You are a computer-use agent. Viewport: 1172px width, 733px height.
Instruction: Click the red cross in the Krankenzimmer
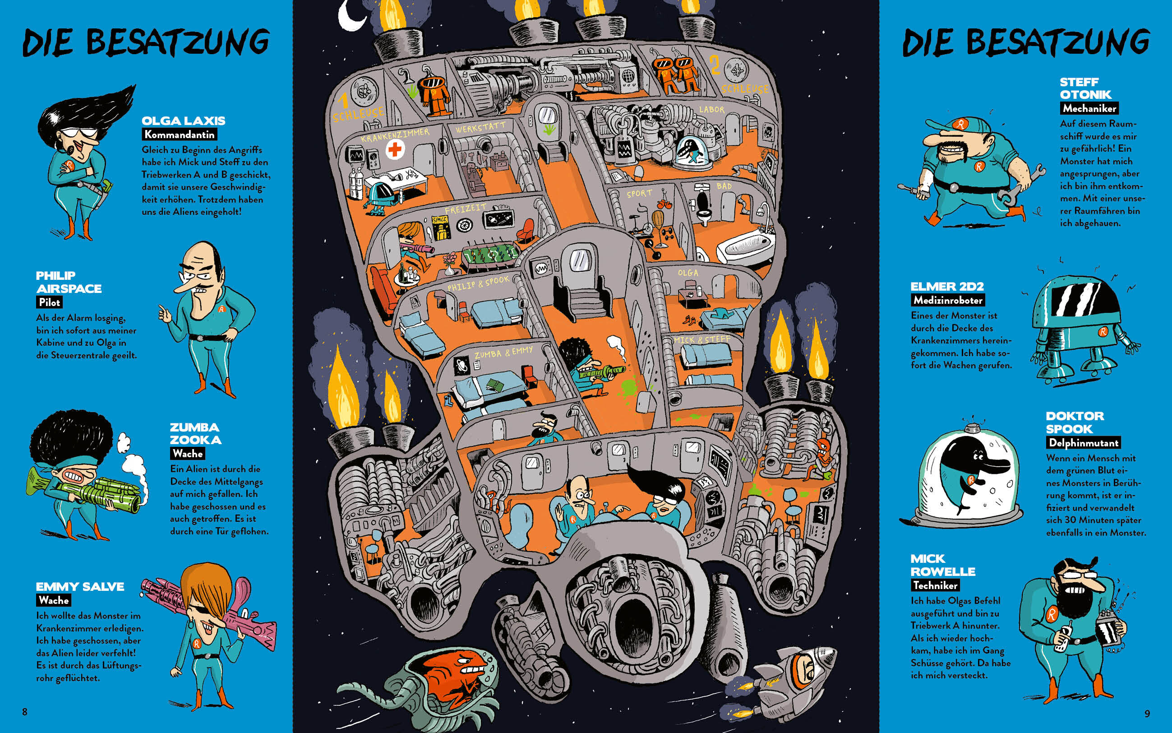click(x=395, y=149)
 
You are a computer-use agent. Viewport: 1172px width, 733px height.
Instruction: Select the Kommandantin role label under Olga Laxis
click(x=179, y=135)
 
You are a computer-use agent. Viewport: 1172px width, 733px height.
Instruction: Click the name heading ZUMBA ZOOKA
click(x=195, y=433)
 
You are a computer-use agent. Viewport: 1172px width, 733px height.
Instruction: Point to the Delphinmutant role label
click(x=1083, y=443)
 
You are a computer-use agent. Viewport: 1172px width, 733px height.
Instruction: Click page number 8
click(x=25, y=712)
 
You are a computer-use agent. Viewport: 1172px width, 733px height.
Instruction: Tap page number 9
click(x=1147, y=713)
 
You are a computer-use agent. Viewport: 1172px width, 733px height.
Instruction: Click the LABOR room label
click(x=711, y=110)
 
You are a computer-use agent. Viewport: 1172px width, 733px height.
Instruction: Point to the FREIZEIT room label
click(x=465, y=209)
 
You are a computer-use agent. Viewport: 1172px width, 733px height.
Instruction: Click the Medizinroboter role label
click(x=948, y=300)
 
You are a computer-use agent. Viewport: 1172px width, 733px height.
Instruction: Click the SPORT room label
click(x=640, y=194)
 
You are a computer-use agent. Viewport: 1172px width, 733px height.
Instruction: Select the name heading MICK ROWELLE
click(x=942, y=565)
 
